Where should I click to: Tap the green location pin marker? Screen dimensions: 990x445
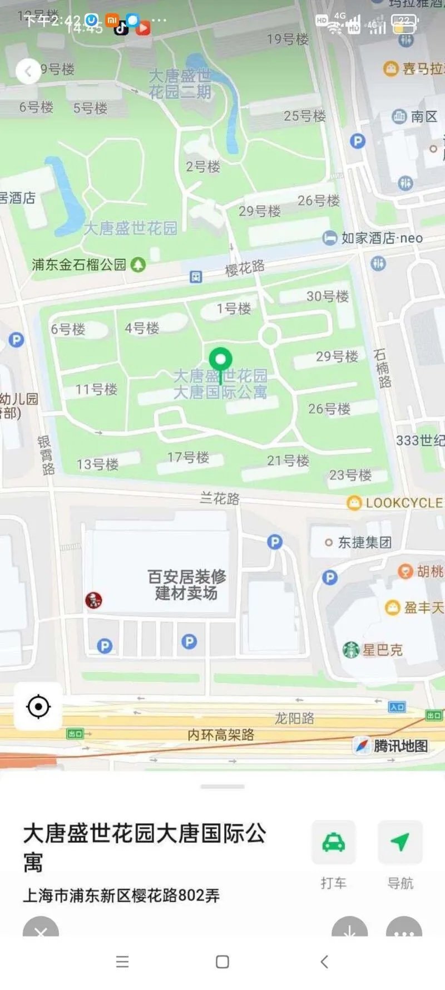[220, 360]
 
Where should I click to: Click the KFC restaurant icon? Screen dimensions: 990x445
[93, 600]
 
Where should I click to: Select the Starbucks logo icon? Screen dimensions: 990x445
[351, 649]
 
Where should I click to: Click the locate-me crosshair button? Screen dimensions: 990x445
[38, 707]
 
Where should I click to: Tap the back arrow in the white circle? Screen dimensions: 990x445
[28, 71]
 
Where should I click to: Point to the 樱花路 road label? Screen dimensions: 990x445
[245, 268]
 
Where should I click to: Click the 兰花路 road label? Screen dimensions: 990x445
[220, 498]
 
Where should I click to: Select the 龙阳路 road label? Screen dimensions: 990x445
[294, 718]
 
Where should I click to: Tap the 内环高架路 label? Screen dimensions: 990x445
[221, 735]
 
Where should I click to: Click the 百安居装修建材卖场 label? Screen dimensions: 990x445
[186, 585]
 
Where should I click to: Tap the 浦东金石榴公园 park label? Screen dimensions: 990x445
[79, 264]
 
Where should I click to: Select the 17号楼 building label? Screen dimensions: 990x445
[189, 458]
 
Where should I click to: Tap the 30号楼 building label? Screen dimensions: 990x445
[328, 296]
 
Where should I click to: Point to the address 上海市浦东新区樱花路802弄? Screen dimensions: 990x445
[121, 895]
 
